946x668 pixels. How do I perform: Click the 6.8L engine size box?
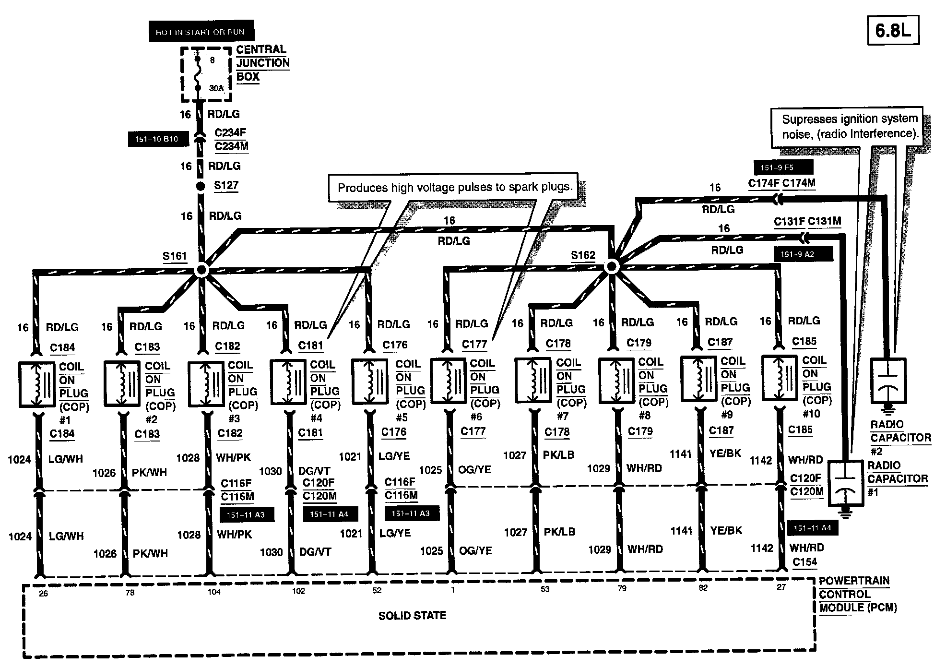[x=893, y=31]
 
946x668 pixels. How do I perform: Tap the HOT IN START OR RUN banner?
[x=201, y=32]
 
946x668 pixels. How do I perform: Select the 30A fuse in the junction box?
[x=198, y=74]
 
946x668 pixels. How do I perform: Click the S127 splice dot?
[x=201, y=186]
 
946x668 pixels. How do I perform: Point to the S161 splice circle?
[x=201, y=270]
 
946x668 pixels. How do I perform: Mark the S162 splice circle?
[x=611, y=266]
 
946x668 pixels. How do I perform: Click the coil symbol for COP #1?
[x=37, y=384]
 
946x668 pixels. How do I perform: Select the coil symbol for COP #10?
[x=780, y=378]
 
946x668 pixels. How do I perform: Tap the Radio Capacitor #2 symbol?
[x=888, y=382]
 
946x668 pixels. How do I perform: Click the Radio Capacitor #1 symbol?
[x=846, y=484]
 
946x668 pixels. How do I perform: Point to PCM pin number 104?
[x=214, y=592]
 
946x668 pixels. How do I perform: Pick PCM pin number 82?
[x=703, y=588]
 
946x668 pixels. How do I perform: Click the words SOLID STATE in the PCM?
[x=412, y=616]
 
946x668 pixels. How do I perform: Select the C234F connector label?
[x=230, y=133]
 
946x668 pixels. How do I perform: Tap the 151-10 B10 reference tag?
[x=156, y=139]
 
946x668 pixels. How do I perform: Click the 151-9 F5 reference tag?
[x=783, y=168]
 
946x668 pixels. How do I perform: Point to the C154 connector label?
[x=804, y=562]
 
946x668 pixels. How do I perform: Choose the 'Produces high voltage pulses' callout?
[x=455, y=187]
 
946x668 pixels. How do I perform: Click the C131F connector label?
[x=789, y=222]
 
